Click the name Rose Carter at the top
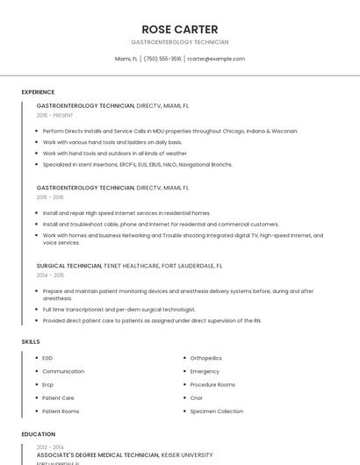click(x=179, y=29)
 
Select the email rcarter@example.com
click(x=216, y=59)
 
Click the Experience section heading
click(x=38, y=92)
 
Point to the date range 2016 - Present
click(x=54, y=115)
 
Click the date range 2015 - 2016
click(x=50, y=197)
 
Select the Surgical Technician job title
click(x=69, y=265)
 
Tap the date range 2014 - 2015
click(x=50, y=275)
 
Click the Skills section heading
click(x=31, y=341)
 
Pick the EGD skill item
click(x=47, y=358)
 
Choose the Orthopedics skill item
click(x=205, y=358)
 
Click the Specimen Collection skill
click(x=216, y=411)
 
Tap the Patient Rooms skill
click(x=61, y=411)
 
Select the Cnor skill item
click(x=198, y=398)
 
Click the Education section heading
click(x=38, y=434)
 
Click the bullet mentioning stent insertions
click(x=137, y=164)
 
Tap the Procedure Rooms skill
click(x=212, y=384)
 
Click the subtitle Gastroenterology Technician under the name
click(x=179, y=42)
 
